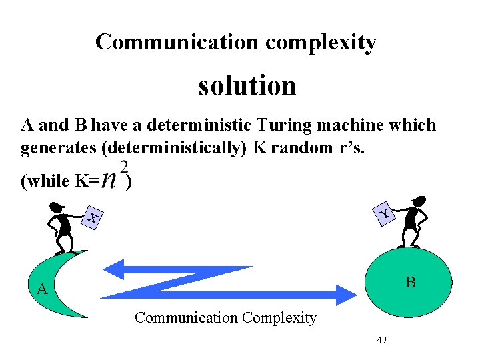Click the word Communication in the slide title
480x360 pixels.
[x=177, y=42]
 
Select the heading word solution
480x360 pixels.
[x=247, y=85]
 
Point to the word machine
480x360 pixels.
[x=352, y=125]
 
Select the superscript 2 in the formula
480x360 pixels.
[x=123, y=167]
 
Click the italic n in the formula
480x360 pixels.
[x=111, y=180]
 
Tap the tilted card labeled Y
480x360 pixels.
[x=385, y=213]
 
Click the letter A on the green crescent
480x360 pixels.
[x=42, y=289]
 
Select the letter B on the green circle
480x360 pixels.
[x=411, y=283]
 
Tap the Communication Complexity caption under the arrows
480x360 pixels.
[x=225, y=318]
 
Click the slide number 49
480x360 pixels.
[x=382, y=340]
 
